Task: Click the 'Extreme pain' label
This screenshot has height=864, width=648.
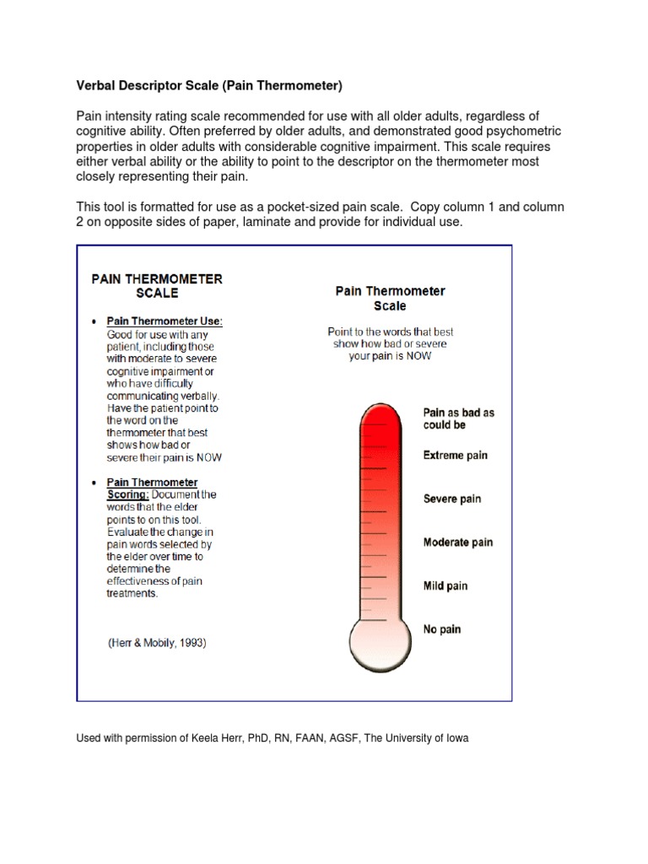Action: click(x=455, y=456)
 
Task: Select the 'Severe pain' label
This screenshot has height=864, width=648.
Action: click(x=451, y=499)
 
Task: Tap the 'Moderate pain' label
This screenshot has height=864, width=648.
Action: click(x=457, y=543)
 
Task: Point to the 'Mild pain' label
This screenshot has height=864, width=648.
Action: click(x=445, y=586)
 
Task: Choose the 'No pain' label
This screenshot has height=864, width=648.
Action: click(x=441, y=629)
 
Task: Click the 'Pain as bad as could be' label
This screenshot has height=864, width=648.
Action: click(x=458, y=418)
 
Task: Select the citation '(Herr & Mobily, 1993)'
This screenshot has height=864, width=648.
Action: click(x=157, y=643)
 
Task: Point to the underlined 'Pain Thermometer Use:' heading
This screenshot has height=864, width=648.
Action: click(x=165, y=321)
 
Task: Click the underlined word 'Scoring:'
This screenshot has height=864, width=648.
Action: click(x=127, y=494)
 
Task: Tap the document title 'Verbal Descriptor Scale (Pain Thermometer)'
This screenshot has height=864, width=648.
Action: click(x=209, y=85)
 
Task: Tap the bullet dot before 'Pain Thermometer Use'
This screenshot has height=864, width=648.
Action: click(x=93, y=322)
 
